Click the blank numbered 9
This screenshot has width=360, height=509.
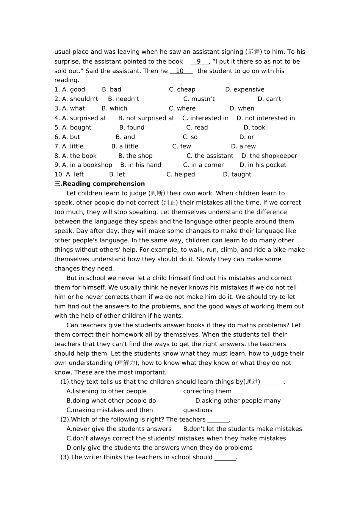(x=199, y=62)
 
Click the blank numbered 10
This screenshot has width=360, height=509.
(x=180, y=71)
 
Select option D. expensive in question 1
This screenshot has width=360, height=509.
(x=244, y=90)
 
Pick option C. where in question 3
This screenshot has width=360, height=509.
(x=182, y=109)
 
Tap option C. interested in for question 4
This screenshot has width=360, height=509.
(x=205, y=118)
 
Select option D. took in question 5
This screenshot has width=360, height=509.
(x=254, y=128)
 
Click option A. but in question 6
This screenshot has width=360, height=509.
(x=67, y=137)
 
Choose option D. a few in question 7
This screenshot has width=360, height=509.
(x=243, y=147)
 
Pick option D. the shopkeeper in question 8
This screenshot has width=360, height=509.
(x=269, y=156)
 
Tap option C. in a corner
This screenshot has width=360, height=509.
(x=203, y=165)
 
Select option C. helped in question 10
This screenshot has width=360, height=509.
(x=180, y=175)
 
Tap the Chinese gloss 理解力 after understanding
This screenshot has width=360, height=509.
(x=126, y=363)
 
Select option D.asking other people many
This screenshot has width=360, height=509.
(x=238, y=401)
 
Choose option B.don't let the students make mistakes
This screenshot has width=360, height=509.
(x=243, y=429)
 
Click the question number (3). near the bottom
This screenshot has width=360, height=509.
(x=65, y=457)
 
